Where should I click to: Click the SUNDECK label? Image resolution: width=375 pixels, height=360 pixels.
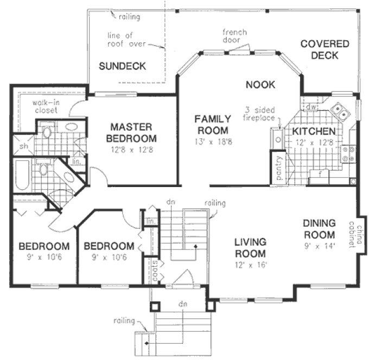[x=122, y=66]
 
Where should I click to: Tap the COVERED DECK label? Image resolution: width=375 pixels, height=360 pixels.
[x=325, y=49]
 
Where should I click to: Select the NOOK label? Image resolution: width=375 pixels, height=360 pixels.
[x=260, y=85]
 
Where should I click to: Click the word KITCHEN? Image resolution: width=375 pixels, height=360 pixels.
[x=314, y=132]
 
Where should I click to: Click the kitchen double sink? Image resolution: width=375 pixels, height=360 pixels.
[x=342, y=112]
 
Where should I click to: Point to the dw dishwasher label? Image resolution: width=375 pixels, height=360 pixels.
[x=311, y=107]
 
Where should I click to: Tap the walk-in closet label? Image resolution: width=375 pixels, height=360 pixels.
[x=47, y=106]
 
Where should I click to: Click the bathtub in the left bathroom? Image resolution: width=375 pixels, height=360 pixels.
[x=22, y=175]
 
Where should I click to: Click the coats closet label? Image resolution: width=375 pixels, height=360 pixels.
[x=155, y=269]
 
